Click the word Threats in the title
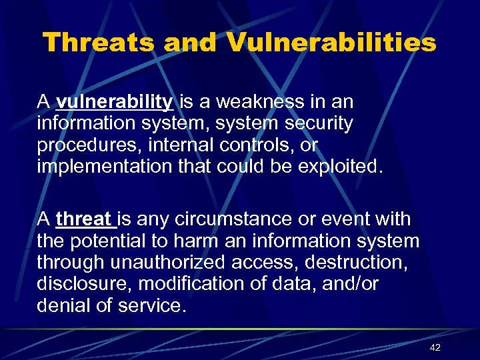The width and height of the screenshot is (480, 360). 99,43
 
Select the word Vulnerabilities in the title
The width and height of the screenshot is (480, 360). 331,43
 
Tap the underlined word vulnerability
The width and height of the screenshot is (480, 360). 115,102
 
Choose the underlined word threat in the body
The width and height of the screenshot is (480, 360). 85,219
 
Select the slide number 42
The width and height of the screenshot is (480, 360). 435,347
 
